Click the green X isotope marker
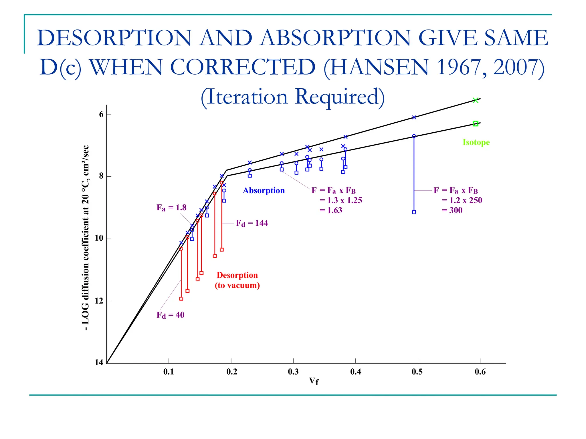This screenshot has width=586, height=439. pyautogui.click(x=475, y=100)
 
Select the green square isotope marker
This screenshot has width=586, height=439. pyautogui.click(x=475, y=123)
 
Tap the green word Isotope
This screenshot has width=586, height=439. pyautogui.click(x=476, y=142)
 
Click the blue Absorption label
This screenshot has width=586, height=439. pyautogui.click(x=264, y=191)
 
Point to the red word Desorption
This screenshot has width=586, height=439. pyautogui.click(x=237, y=275)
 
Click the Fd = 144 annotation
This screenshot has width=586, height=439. pyautogui.click(x=252, y=223)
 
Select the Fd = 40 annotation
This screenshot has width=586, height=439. pyautogui.click(x=170, y=315)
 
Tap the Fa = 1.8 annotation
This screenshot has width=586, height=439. pyautogui.click(x=171, y=208)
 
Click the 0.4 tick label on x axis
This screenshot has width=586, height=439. pyautogui.click(x=355, y=372)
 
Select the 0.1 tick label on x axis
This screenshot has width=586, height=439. pyautogui.click(x=169, y=372)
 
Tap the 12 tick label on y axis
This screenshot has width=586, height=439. pyautogui.click(x=99, y=301)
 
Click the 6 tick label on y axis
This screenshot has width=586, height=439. pyautogui.click(x=101, y=114)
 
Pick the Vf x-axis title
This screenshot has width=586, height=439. pyautogui.click(x=314, y=381)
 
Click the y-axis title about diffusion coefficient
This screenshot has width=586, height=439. pyautogui.click(x=86, y=238)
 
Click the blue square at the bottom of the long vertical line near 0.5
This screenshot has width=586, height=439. pyautogui.click(x=414, y=212)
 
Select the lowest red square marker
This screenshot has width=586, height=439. pyautogui.click(x=181, y=299)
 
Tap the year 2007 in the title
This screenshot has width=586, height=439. pyautogui.click(x=515, y=67)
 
